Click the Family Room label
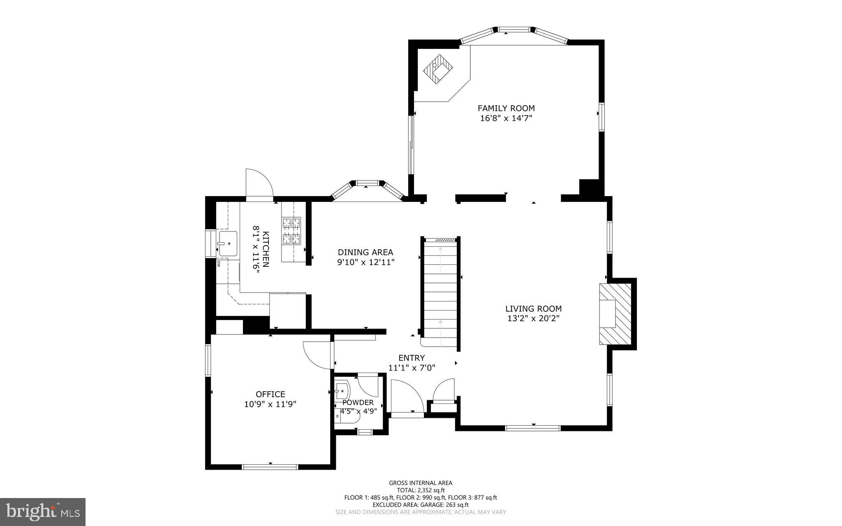506,108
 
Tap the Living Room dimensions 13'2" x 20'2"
533,318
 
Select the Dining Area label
365,252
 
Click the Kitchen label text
266,249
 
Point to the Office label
270,394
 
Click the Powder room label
358,403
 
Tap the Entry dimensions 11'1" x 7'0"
412,368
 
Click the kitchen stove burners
291,231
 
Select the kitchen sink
228,243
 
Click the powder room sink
342,389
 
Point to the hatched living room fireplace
615,314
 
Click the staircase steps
440,292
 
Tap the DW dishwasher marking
219,264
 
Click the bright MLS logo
42,511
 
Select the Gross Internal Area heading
421,483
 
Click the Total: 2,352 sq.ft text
421,490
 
